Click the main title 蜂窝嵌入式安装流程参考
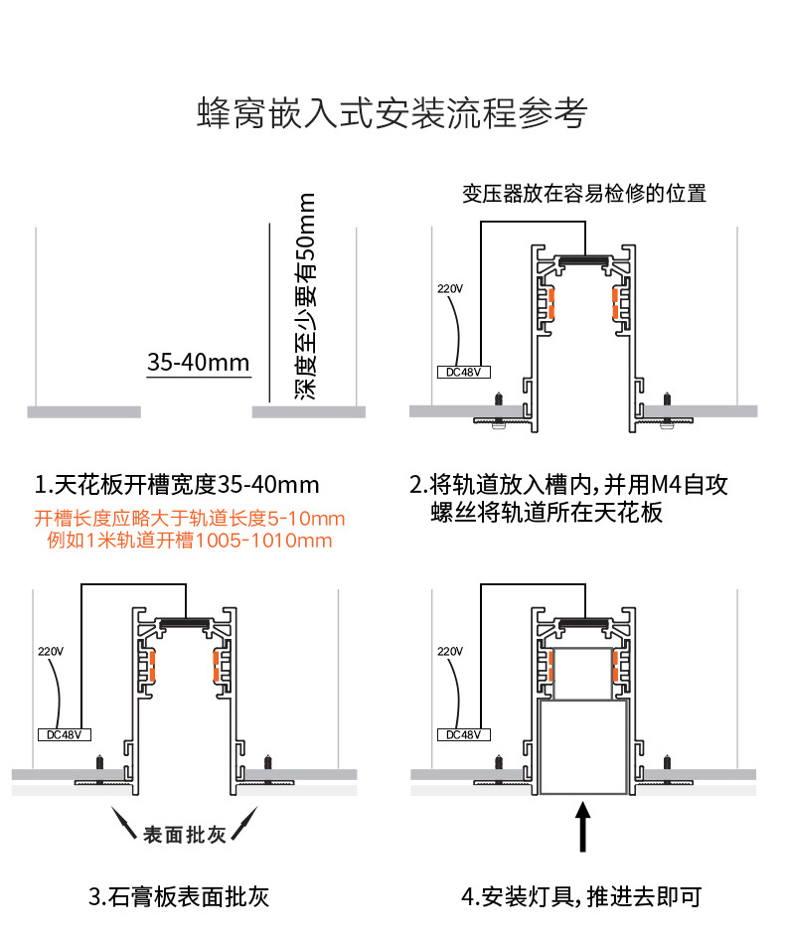(x=392, y=113)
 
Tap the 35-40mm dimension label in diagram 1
(x=198, y=363)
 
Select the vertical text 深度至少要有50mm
(x=307, y=297)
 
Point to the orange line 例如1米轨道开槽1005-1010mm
(x=190, y=541)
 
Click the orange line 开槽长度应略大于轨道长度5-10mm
(x=190, y=519)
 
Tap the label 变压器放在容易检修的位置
(x=584, y=194)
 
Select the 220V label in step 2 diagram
(x=450, y=289)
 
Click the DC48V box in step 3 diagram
(x=65, y=734)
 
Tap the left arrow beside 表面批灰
(x=124, y=824)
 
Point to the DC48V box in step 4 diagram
(x=464, y=734)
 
